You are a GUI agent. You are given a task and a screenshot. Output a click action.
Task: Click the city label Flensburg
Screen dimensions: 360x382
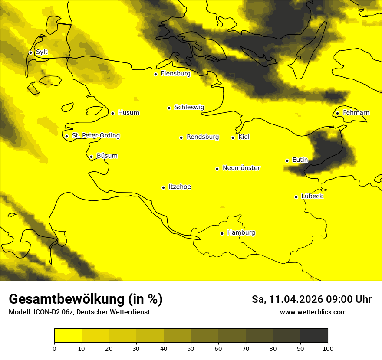[x=175, y=74]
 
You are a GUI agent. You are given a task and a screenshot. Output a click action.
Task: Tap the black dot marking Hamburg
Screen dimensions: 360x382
[x=222, y=233]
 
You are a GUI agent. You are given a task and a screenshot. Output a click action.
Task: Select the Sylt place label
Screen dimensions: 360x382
[x=42, y=52]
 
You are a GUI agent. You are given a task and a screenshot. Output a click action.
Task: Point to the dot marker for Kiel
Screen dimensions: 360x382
[x=233, y=137]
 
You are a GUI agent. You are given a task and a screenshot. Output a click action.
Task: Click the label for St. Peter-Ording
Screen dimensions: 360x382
[x=95, y=136]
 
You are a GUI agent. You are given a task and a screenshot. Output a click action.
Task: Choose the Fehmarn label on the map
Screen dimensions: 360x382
[x=356, y=113]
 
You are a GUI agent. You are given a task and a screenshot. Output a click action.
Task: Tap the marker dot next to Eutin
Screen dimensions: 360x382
[x=287, y=160]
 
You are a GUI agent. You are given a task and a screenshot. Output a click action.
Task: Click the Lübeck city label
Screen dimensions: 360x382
[x=312, y=196]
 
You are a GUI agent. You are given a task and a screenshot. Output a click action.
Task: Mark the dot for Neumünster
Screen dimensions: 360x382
[x=217, y=169]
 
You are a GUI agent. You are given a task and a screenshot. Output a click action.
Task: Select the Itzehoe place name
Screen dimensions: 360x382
[x=180, y=187]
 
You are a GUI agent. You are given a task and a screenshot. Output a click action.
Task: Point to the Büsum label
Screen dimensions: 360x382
[x=107, y=156]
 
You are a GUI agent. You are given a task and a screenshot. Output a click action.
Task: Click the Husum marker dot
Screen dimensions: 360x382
[x=112, y=113]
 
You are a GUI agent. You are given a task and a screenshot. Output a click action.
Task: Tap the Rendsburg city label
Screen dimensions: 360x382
[x=203, y=137]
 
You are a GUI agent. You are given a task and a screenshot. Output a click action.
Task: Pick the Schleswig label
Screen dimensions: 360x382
[x=189, y=107]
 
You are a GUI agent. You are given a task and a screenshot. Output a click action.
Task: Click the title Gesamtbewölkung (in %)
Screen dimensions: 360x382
[x=86, y=299]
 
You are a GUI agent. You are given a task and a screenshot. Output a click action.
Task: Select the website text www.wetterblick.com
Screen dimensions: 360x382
[x=313, y=312]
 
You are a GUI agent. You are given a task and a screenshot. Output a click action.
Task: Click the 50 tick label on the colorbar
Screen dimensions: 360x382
[x=191, y=348]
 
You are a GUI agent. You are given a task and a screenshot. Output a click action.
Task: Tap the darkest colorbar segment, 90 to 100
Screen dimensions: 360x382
[x=314, y=336]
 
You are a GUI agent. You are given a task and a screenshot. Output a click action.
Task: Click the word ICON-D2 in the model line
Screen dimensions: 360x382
[x=45, y=312]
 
